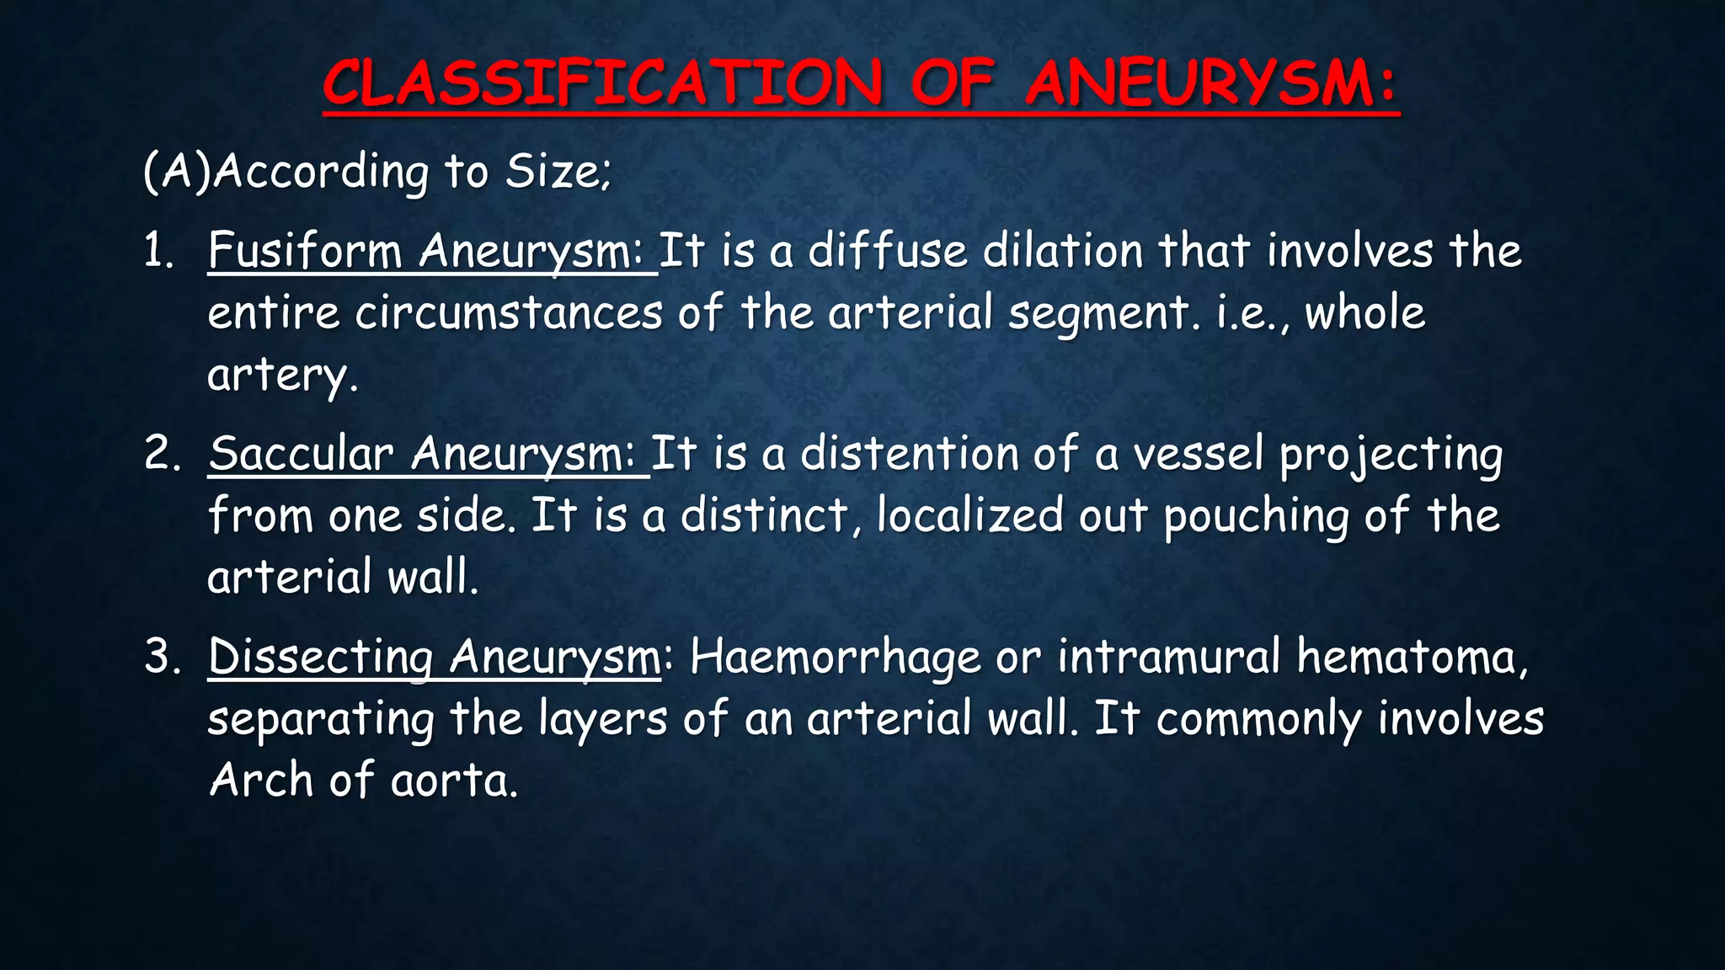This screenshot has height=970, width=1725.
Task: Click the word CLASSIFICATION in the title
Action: coord(603,83)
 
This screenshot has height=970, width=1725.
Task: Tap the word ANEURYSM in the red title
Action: coord(1211,83)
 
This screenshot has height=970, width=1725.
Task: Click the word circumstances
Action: coord(509,312)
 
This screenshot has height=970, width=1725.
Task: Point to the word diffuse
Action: coord(887,250)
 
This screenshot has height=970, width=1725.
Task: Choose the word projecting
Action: coord(1391,455)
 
